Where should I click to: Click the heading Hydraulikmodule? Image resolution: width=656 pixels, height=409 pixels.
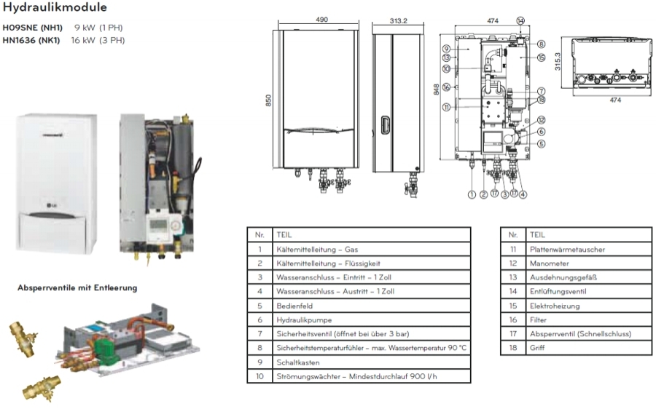click(x=55, y=8)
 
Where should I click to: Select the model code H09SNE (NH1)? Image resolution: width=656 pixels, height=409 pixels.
click(x=33, y=28)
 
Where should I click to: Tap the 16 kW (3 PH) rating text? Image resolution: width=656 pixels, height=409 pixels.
click(x=98, y=39)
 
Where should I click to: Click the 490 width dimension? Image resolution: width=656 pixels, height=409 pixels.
click(x=321, y=20)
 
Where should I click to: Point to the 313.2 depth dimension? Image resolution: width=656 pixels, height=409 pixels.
click(x=397, y=20)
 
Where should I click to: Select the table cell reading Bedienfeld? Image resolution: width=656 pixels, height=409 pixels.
click(x=293, y=305)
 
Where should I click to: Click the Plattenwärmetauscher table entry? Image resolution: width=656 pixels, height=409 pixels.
click(x=561, y=249)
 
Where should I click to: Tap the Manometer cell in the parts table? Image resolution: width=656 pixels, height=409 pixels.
click(x=550, y=263)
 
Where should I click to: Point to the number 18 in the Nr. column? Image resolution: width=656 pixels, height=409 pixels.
click(x=513, y=348)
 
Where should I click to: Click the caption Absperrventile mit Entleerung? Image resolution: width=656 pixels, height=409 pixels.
click(x=77, y=288)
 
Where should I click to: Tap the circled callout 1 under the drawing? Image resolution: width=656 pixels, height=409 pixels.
click(x=472, y=194)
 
